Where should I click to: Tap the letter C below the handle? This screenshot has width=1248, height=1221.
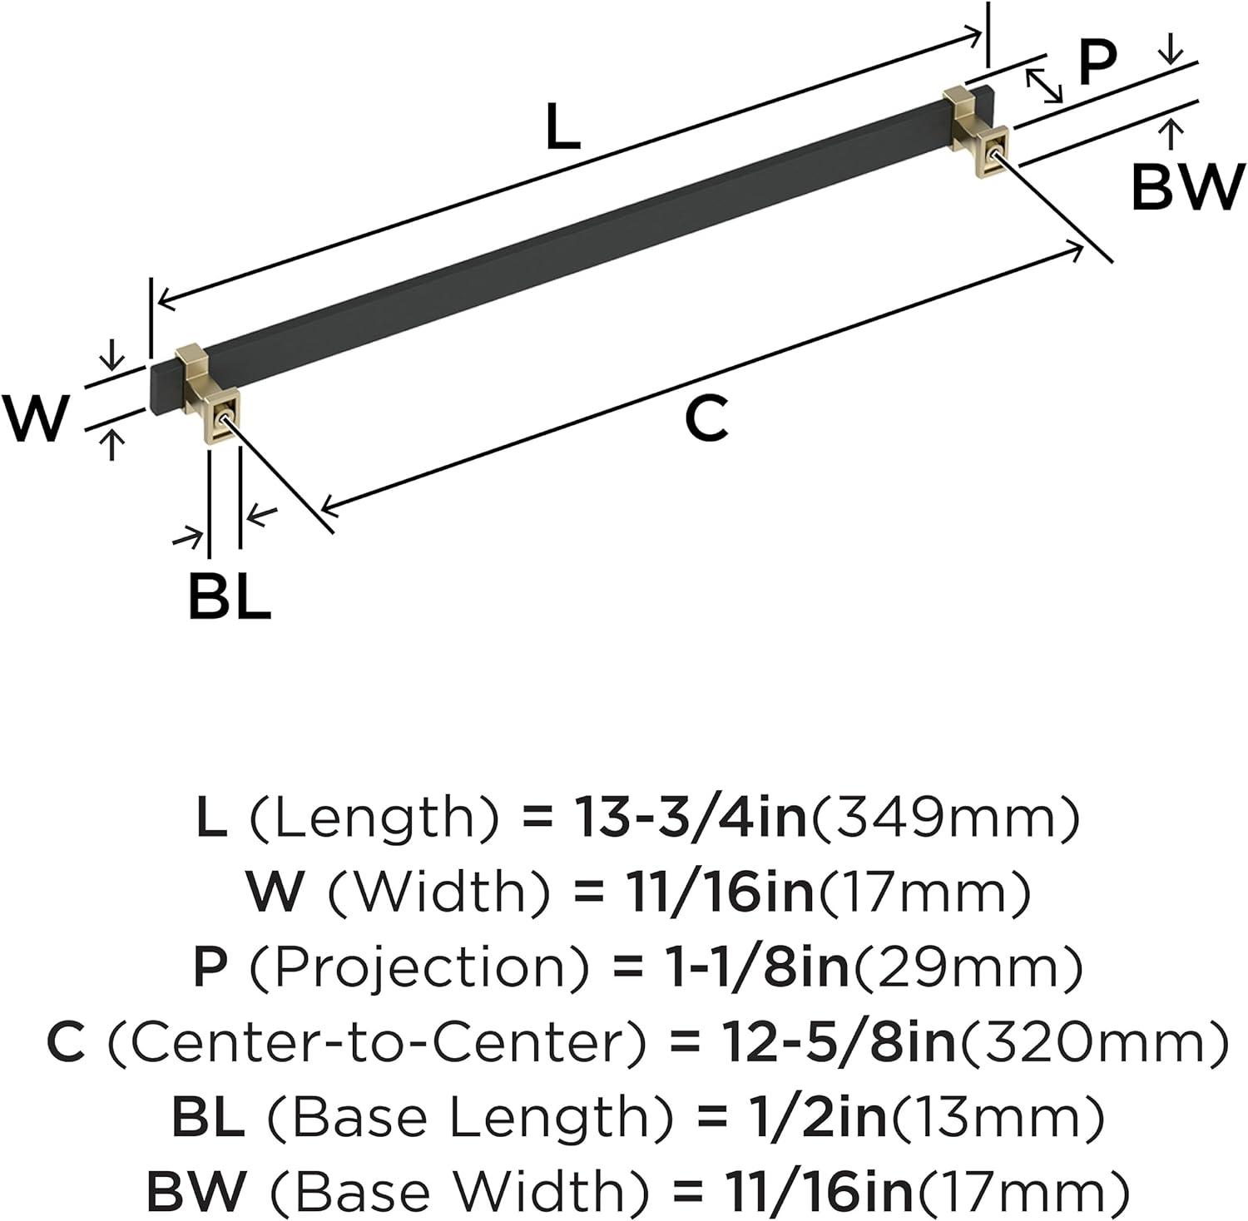tap(707, 418)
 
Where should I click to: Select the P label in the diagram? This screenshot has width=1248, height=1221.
tap(1097, 62)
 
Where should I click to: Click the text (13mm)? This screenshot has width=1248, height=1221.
tap(995, 1118)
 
